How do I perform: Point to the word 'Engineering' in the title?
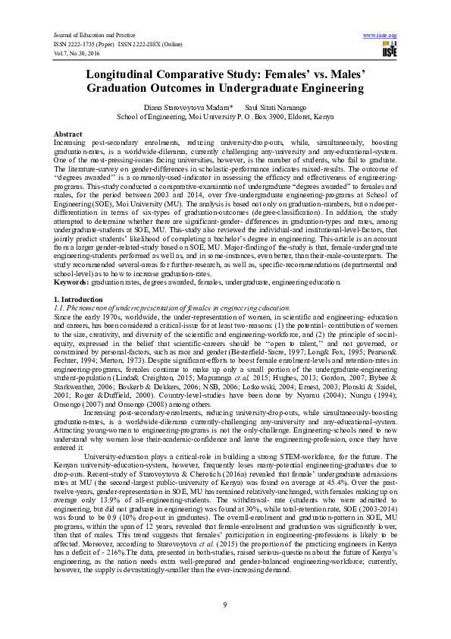click(327, 90)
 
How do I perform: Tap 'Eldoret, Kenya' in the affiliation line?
click(307, 118)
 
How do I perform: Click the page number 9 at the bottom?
click(225, 604)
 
